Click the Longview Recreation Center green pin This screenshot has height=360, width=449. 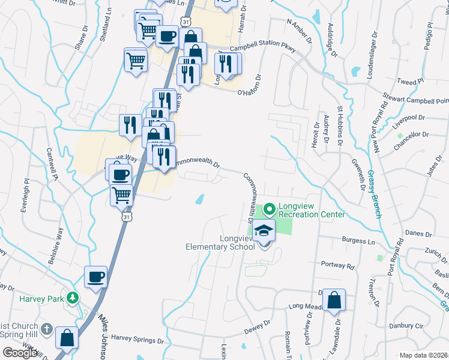point(270,209)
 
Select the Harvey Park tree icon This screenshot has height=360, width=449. point(73,297)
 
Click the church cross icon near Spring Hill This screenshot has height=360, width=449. point(47,332)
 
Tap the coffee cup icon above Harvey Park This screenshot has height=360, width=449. point(96,278)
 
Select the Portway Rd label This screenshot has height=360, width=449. point(338,265)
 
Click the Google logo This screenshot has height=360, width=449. point(20,353)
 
